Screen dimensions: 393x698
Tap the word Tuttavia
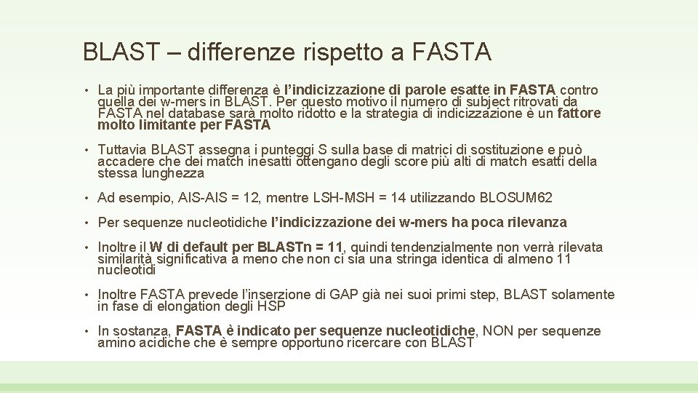(x=121, y=149)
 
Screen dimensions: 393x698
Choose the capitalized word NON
(x=498, y=331)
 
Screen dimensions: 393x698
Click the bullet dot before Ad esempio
(x=87, y=197)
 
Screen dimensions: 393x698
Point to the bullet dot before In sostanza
(x=87, y=331)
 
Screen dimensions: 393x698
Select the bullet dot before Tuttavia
(x=87, y=149)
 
